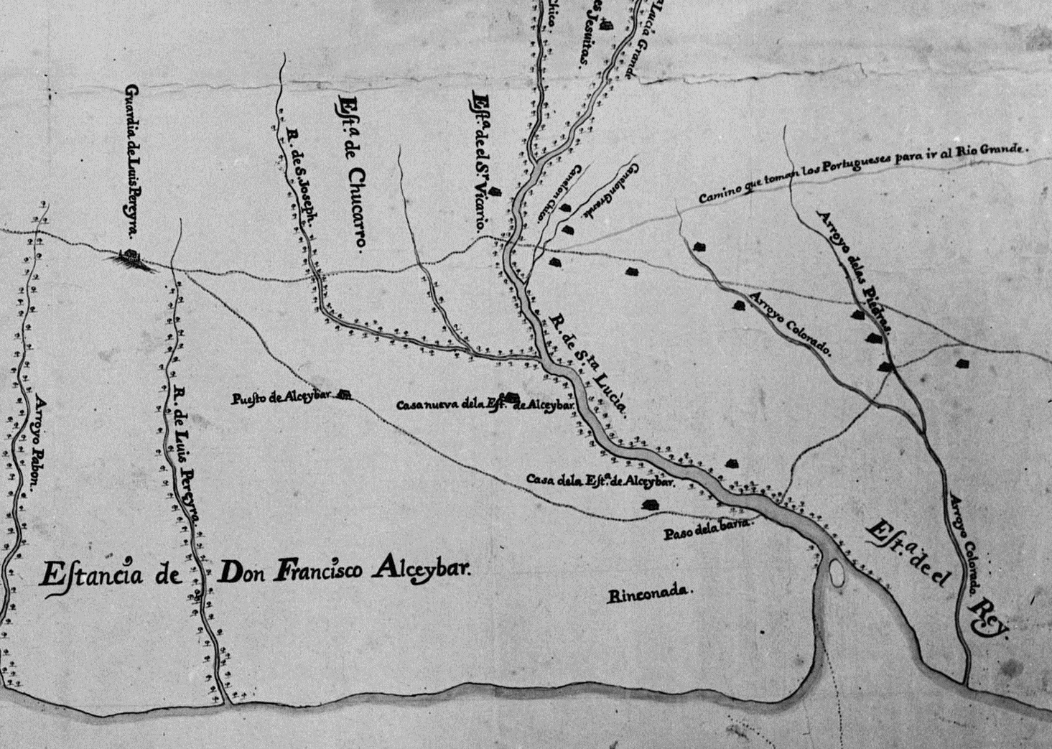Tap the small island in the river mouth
tap(837, 574)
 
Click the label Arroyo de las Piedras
tap(855, 273)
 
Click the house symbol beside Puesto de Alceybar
tap(345, 394)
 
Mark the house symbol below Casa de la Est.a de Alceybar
tap(651, 505)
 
